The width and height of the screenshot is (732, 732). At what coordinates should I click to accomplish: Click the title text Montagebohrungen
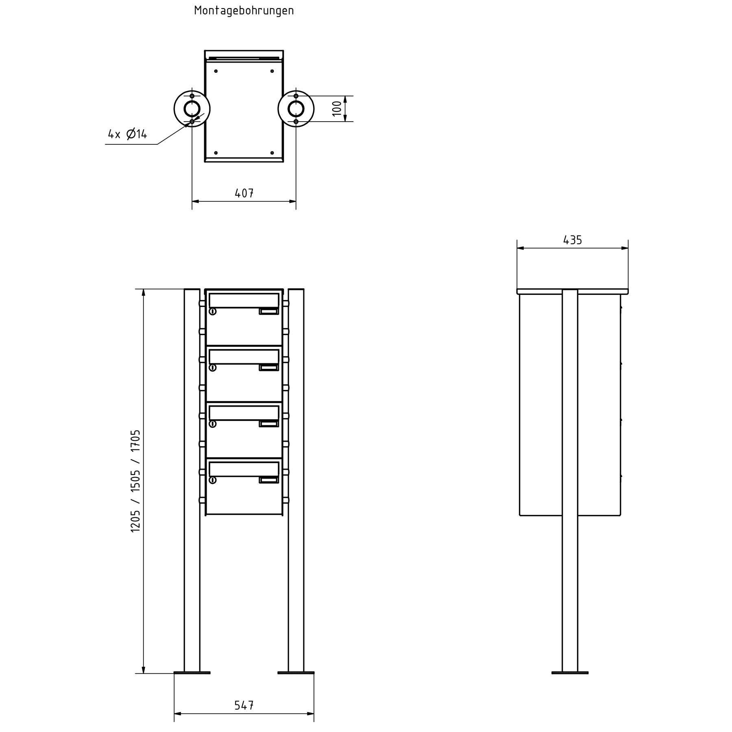[x=244, y=11]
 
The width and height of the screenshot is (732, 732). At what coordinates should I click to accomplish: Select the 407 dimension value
[x=244, y=193]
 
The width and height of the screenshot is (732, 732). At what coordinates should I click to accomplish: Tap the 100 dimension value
[x=337, y=109]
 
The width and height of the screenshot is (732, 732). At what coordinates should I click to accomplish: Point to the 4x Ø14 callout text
[x=127, y=134]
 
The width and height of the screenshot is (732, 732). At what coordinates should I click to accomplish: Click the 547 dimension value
[x=244, y=705]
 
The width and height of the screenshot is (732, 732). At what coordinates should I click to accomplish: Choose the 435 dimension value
[x=573, y=240]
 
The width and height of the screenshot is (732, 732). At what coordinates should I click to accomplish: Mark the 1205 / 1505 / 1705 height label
[x=135, y=481]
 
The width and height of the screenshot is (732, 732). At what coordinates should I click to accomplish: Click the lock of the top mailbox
[x=212, y=312]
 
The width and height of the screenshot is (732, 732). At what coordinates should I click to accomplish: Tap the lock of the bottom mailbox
[x=212, y=480]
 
